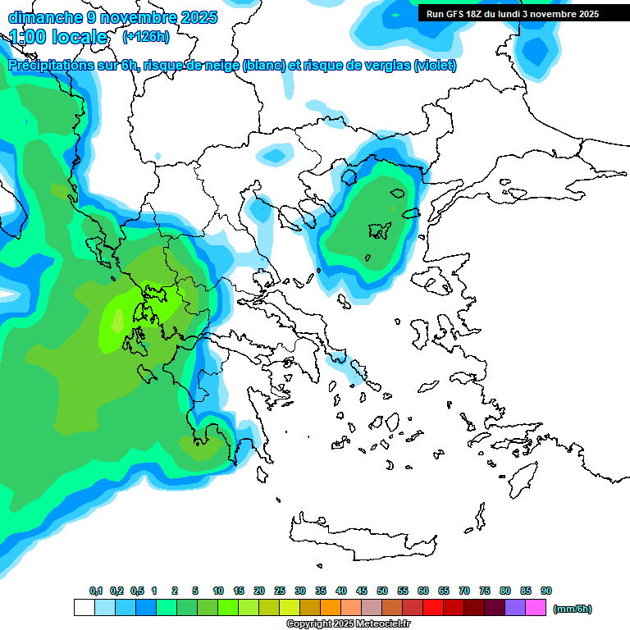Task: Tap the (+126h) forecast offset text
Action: coord(145,37)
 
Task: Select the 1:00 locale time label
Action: coord(58,37)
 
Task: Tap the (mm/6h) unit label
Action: coord(573,609)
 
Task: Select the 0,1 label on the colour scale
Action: coord(96,591)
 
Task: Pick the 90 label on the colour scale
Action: coord(546,591)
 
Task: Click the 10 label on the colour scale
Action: coord(218,591)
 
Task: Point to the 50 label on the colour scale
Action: coord(382,591)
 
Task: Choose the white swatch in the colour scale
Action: coord(84,608)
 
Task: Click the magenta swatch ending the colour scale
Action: coord(536,608)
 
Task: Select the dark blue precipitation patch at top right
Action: coord(536,51)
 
